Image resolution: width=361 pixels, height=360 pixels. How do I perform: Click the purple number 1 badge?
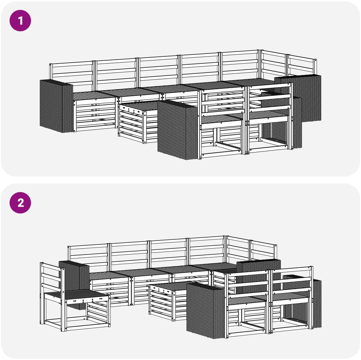pos(20,20)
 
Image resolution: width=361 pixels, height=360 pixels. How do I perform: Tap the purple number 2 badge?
pos(20,203)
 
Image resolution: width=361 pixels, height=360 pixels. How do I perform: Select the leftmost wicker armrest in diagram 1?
pos(56,106)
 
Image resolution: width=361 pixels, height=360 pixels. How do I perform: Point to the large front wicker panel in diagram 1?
pos(178,130)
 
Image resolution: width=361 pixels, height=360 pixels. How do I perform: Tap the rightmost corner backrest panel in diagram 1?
pos(302,65)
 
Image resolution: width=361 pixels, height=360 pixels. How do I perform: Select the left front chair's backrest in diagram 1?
pos(223,101)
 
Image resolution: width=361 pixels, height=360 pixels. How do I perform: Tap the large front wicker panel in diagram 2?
pos(205,310)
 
